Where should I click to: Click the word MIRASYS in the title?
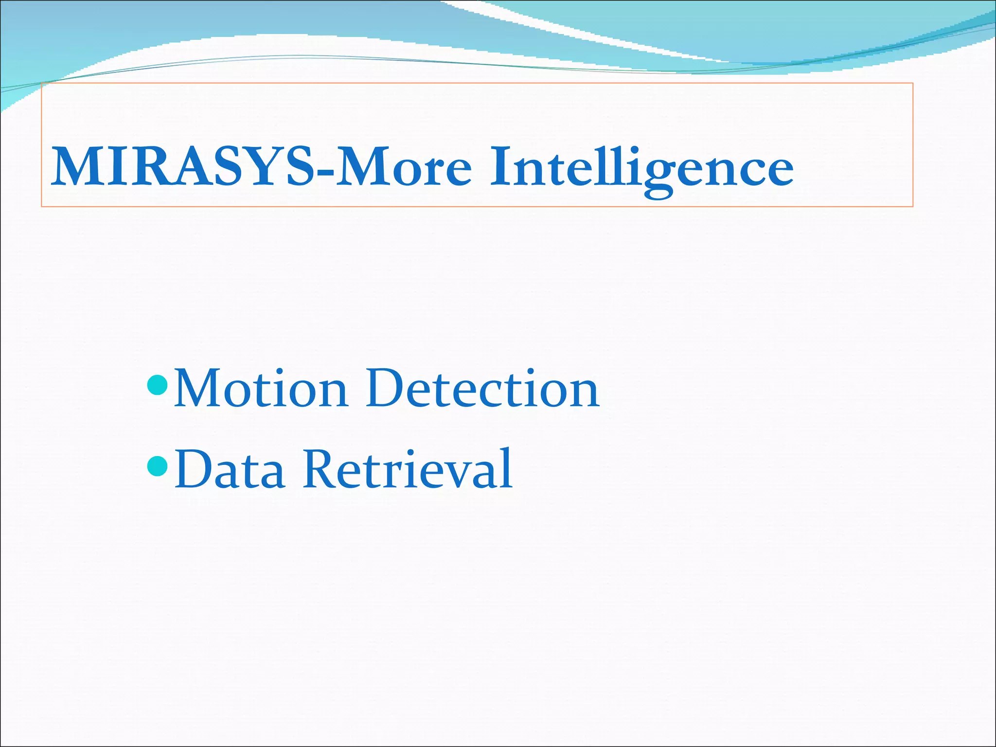pos(182,167)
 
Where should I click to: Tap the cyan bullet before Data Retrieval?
pos(157,466)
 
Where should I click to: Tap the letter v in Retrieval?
pos(455,474)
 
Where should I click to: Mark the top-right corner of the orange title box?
pos(912,84)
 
